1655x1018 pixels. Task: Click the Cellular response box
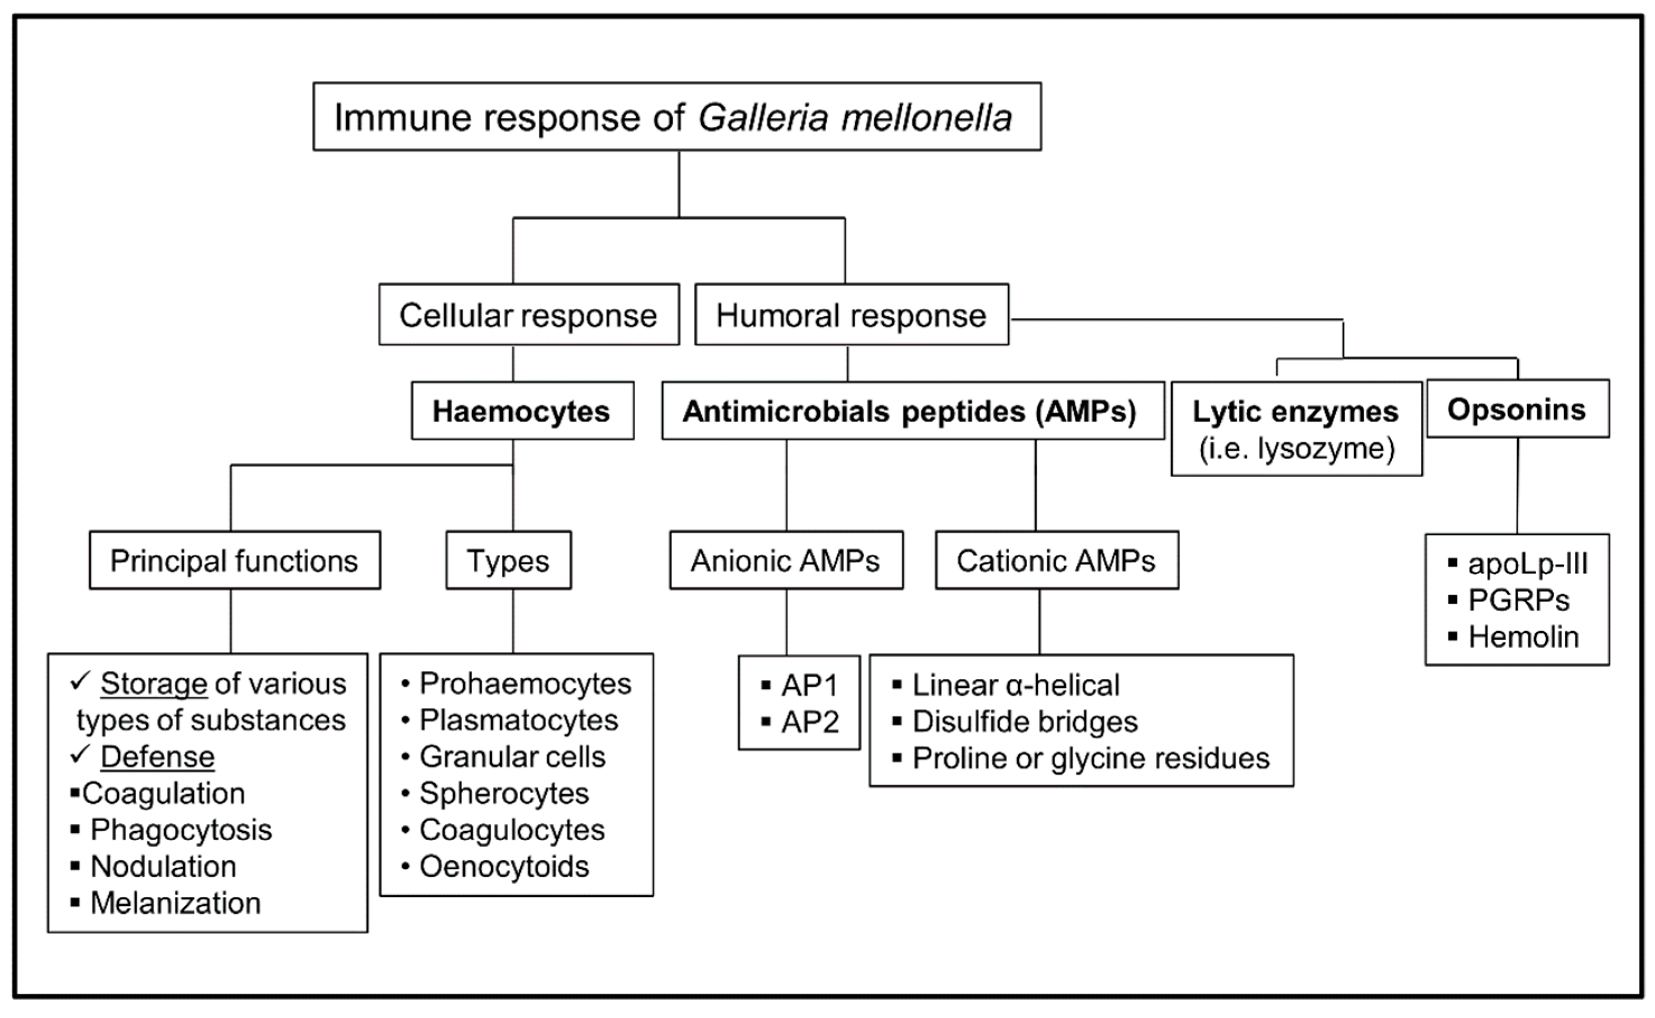click(x=529, y=315)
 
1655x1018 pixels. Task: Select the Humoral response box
click(x=851, y=315)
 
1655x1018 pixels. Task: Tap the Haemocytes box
click(x=522, y=411)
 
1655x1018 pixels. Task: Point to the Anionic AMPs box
click(x=786, y=560)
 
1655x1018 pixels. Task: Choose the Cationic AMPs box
click(x=1057, y=560)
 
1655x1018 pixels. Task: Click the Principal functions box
click(x=234, y=560)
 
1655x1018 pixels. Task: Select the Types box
click(x=509, y=560)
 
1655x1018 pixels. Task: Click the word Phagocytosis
click(x=181, y=830)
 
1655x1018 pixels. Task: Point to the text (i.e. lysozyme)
click(x=1297, y=448)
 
